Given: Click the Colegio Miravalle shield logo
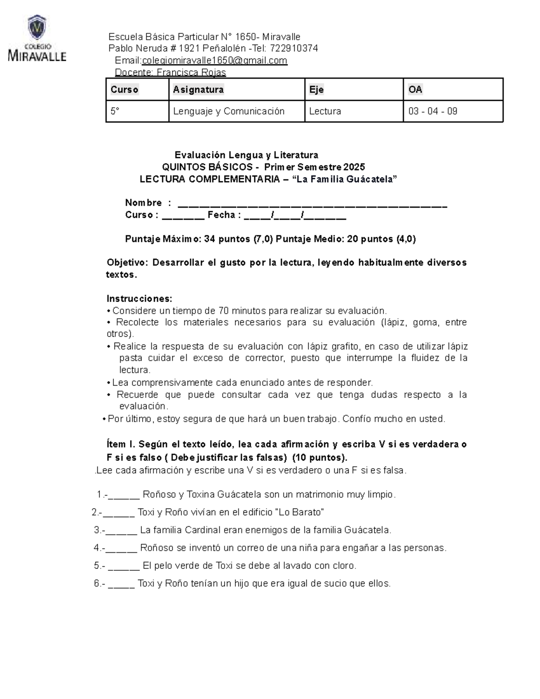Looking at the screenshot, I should (37, 28).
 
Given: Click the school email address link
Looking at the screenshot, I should (214, 61).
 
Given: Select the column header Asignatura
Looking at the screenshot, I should (198, 90).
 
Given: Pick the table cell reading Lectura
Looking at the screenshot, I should (325, 111).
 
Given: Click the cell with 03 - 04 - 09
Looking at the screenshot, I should (432, 111).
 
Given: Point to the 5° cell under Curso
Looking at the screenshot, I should (116, 111).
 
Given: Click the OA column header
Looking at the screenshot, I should (415, 90).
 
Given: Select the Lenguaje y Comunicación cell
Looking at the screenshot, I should (229, 111).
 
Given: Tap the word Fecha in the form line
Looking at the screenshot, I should (221, 215).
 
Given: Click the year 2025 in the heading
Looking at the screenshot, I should (354, 167).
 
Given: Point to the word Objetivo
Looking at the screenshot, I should (126, 263).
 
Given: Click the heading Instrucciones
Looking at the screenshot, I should (139, 299).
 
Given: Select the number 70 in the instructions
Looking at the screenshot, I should (223, 311).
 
